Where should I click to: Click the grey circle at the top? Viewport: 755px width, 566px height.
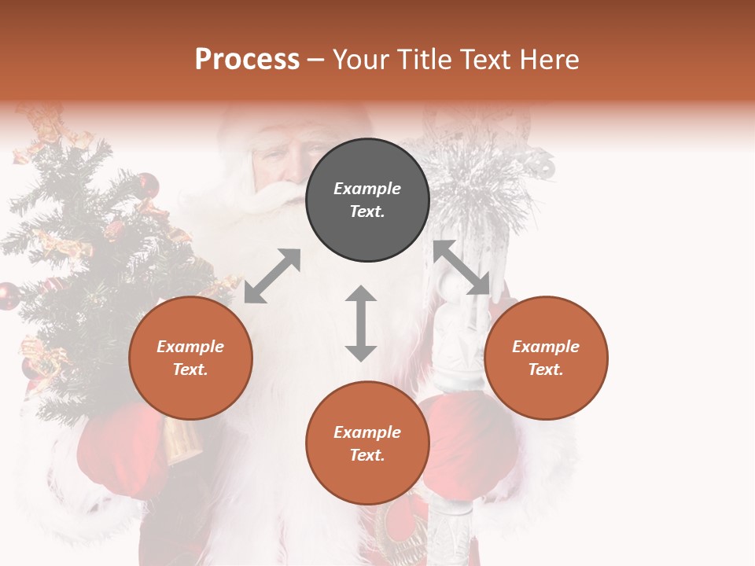367,200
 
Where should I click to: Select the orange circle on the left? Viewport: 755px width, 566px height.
190,358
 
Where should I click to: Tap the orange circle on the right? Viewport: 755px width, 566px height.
546,358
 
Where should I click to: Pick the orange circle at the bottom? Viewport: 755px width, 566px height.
367,443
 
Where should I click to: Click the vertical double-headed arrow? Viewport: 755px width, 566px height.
361,323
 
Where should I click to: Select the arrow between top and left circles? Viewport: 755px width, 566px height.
272,276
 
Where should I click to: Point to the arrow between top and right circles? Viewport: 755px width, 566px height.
462,268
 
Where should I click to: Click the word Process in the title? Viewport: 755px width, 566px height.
247,59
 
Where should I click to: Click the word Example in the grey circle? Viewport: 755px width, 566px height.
367,189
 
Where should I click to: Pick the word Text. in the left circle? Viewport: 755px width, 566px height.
190,369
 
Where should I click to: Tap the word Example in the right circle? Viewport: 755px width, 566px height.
546,347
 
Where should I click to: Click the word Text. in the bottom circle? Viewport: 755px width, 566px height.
367,455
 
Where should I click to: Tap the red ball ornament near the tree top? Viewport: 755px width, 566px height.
147,186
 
